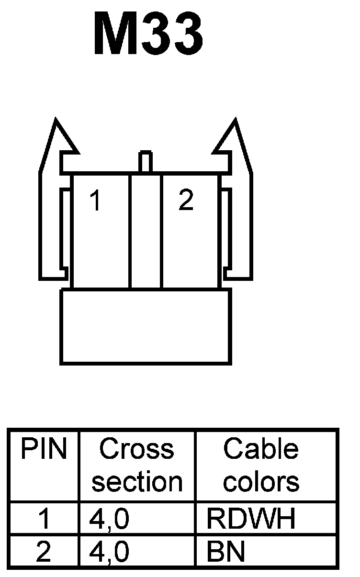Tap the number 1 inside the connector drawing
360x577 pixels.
96,200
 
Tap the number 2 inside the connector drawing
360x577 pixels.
186,200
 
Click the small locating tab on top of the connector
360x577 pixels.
146,162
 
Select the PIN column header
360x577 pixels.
44,449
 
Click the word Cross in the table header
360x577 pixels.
136,449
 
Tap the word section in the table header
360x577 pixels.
137,481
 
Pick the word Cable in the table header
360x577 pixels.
261,449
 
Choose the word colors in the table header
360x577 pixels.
261,481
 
